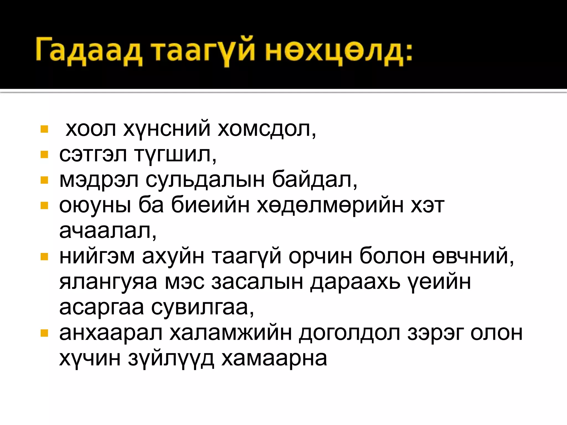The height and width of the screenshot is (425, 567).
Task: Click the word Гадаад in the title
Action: pos(89,51)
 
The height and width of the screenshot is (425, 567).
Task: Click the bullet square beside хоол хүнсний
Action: pos(44,129)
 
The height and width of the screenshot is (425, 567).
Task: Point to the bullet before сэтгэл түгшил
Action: pos(44,154)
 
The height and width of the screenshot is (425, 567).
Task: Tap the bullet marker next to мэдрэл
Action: pos(44,180)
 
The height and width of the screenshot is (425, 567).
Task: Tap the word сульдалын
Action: pos(205,180)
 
